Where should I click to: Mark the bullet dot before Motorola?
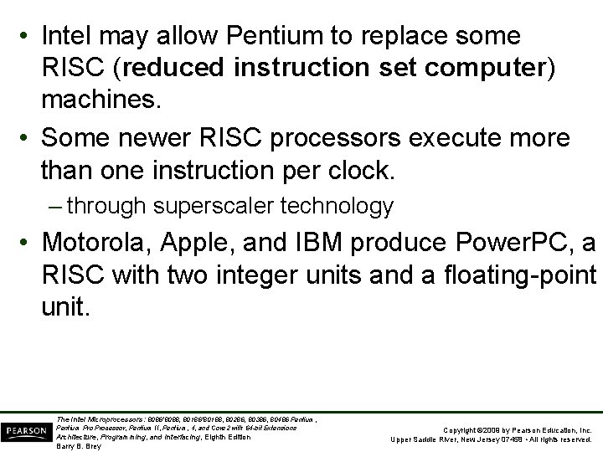[x=26, y=244]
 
